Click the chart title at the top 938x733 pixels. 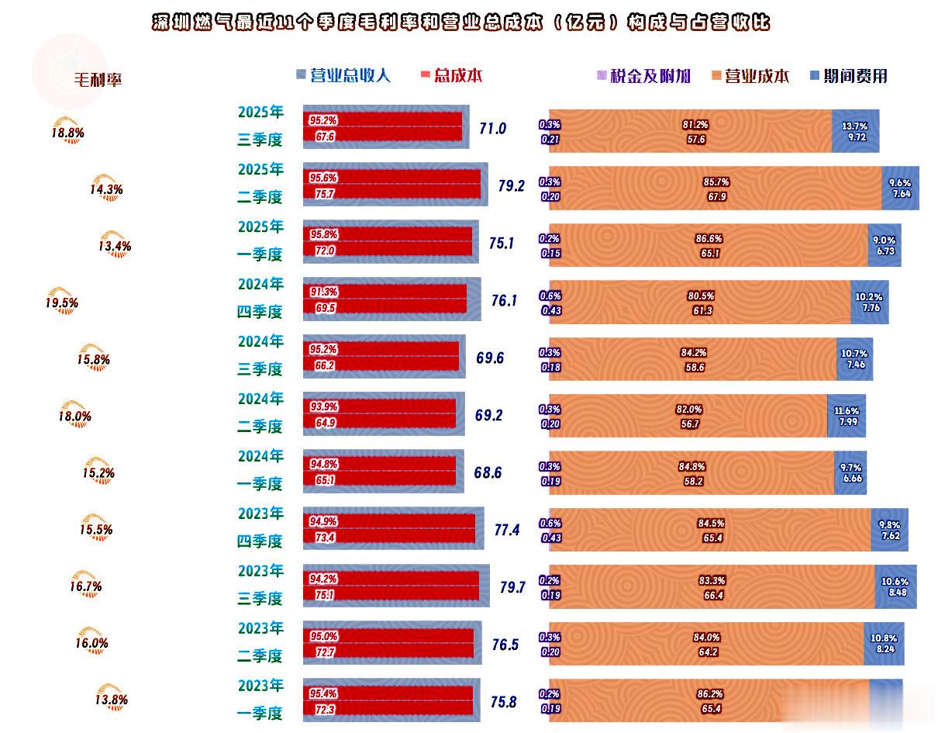(x=460, y=22)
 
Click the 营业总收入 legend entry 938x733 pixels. (x=343, y=75)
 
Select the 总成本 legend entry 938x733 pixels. (x=451, y=75)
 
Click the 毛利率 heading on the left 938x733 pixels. (x=98, y=79)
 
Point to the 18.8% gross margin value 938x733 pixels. (x=67, y=133)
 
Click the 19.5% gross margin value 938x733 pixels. (x=62, y=303)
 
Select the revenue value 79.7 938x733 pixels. (x=512, y=588)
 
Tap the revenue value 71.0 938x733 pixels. (x=492, y=129)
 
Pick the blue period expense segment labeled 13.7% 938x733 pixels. (x=855, y=130)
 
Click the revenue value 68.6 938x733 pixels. (x=488, y=472)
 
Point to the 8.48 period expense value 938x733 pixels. (x=895, y=593)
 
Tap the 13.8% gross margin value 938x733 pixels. (x=112, y=700)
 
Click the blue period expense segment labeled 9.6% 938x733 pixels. (x=900, y=188)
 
